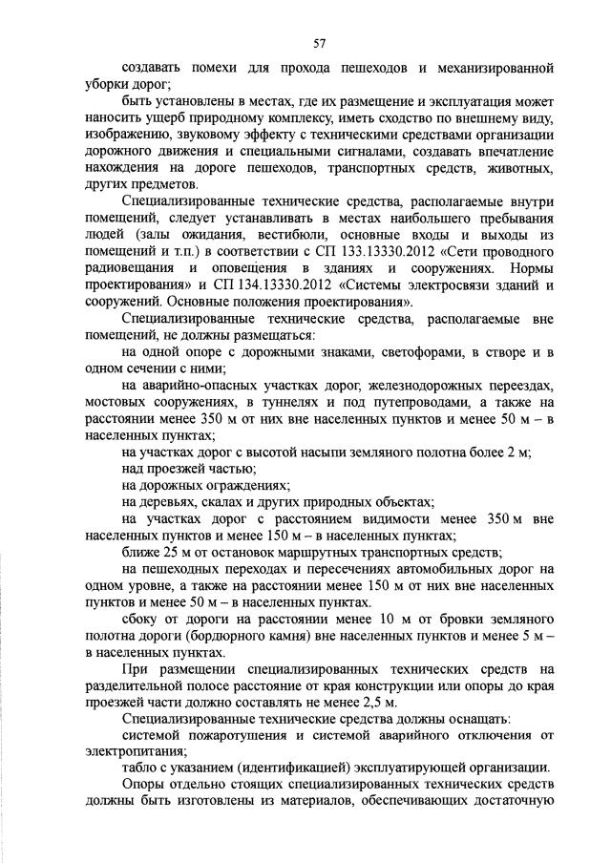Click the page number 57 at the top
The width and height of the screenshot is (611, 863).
(320, 42)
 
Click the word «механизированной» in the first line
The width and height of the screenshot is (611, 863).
(490, 69)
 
